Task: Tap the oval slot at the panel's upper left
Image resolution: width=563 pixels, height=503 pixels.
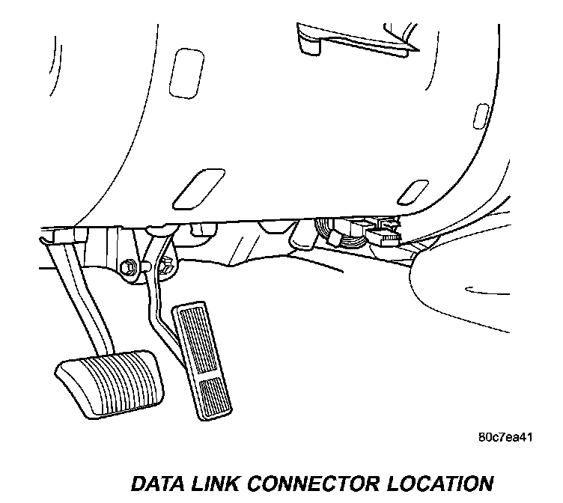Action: click(183, 64)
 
